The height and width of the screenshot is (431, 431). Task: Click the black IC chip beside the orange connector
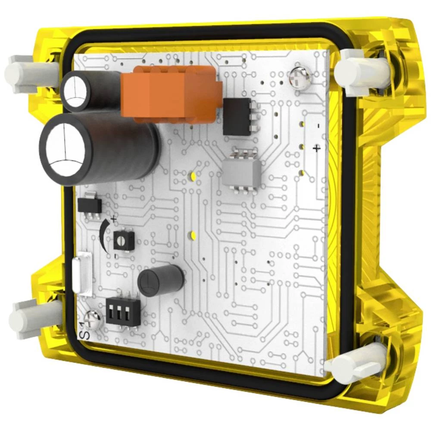pyautogui.click(x=237, y=117)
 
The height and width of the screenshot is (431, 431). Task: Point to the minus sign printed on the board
pyautogui.click(x=318, y=126)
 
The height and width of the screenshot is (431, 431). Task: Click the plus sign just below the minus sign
pyautogui.click(x=316, y=148)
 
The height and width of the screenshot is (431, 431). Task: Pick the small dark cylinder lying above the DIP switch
pyautogui.click(x=161, y=281)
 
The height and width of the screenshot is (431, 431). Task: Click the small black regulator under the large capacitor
pyautogui.click(x=90, y=204)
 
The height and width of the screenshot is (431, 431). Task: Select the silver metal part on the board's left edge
pyautogui.click(x=82, y=276)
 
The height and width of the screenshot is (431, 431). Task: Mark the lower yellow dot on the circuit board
pyautogui.click(x=193, y=235)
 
